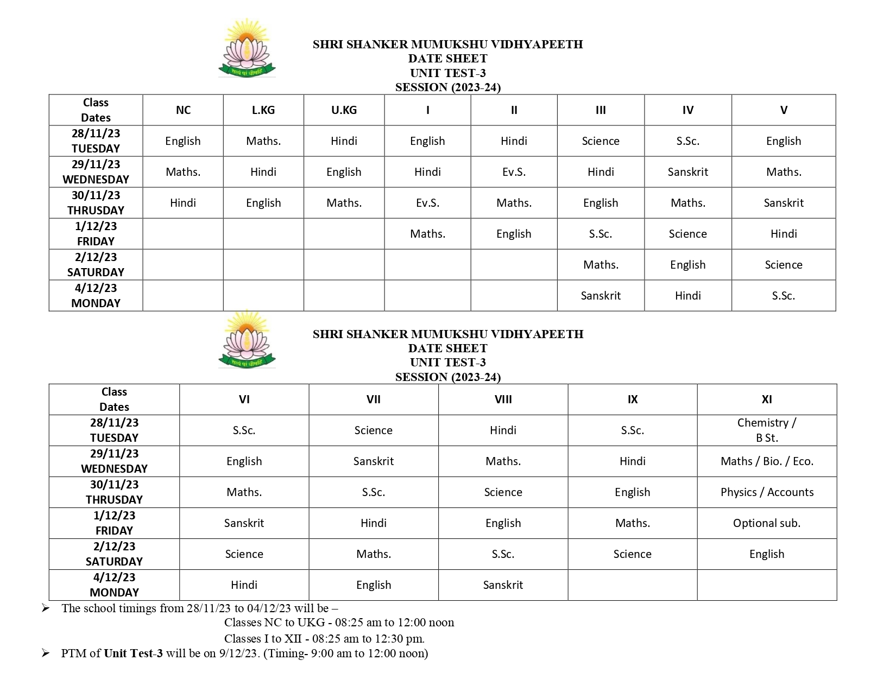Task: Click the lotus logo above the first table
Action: click(x=247, y=48)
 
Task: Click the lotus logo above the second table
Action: click(x=247, y=339)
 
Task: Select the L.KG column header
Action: click(x=263, y=110)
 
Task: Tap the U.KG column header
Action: click(x=344, y=110)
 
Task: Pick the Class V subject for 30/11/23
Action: click(x=783, y=203)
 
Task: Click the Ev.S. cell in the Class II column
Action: click(x=514, y=172)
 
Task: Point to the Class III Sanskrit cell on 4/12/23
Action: click(x=601, y=296)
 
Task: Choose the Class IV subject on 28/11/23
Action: click(x=687, y=141)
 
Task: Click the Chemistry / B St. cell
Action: click(x=767, y=430)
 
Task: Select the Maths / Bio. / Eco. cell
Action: click(x=767, y=461)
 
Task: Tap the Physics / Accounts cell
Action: click(x=767, y=492)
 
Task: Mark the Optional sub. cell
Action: click(x=767, y=523)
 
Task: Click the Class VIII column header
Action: click(x=503, y=399)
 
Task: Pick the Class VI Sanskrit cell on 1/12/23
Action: click(x=244, y=523)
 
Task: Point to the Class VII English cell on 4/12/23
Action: click(x=374, y=585)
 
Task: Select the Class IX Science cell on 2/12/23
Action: click(x=632, y=554)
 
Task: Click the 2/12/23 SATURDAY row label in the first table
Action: click(x=96, y=265)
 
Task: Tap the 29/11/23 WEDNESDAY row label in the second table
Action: click(x=114, y=461)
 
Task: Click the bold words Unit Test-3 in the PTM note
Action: click(x=133, y=653)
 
